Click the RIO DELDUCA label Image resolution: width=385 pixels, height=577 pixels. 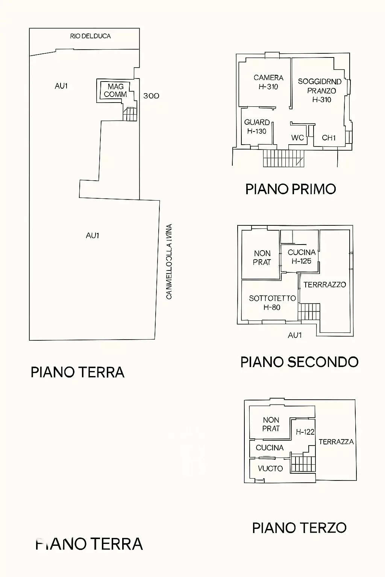click(90, 36)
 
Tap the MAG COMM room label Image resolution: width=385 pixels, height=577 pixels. click(115, 91)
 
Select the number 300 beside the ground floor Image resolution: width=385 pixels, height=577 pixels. click(151, 96)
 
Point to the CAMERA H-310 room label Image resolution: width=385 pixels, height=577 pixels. click(268, 82)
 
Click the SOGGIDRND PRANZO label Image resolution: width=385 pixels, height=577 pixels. click(320, 90)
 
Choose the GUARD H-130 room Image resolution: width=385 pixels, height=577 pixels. click(257, 127)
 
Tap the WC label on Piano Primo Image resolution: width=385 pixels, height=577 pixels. click(297, 138)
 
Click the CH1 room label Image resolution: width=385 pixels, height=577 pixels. click(329, 138)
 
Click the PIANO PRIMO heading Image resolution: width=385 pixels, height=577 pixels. click(290, 189)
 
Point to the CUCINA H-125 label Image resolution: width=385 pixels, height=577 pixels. click(302, 257)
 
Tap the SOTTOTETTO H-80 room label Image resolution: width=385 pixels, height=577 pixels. click(272, 303)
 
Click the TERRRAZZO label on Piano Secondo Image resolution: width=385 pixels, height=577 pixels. click(324, 285)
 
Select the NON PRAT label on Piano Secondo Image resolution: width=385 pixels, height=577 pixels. click(262, 258)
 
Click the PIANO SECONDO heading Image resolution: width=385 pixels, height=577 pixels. click(299, 362)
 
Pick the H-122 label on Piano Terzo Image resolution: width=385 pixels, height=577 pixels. click(305, 432)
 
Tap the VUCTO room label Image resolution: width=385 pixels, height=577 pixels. click(270, 468)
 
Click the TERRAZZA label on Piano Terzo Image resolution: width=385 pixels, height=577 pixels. click(336, 442)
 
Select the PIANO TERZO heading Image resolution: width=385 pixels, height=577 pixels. click(299, 528)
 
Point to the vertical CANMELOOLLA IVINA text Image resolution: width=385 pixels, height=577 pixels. click(169, 262)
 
